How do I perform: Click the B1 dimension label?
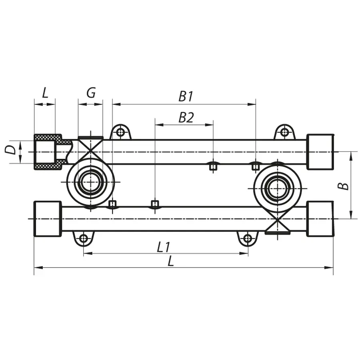(x=186, y=96)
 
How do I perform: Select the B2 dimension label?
(x=186, y=117)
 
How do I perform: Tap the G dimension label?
(x=91, y=93)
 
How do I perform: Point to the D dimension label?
(x=11, y=150)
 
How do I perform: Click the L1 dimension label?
(x=163, y=248)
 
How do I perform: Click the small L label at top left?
(x=45, y=93)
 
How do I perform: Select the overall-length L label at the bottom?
(x=171, y=262)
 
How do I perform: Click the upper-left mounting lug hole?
(x=120, y=132)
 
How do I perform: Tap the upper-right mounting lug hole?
(x=284, y=132)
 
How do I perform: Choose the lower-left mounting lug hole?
(x=83, y=239)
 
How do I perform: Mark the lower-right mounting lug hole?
(x=248, y=239)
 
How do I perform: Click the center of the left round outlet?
(x=90, y=182)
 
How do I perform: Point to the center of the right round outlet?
(x=277, y=188)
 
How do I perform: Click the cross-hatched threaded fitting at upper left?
(x=48, y=152)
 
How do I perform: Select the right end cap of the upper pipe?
(x=320, y=152)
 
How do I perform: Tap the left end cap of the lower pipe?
(x=48, y=219)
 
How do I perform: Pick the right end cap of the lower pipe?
(x=320, y=219)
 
